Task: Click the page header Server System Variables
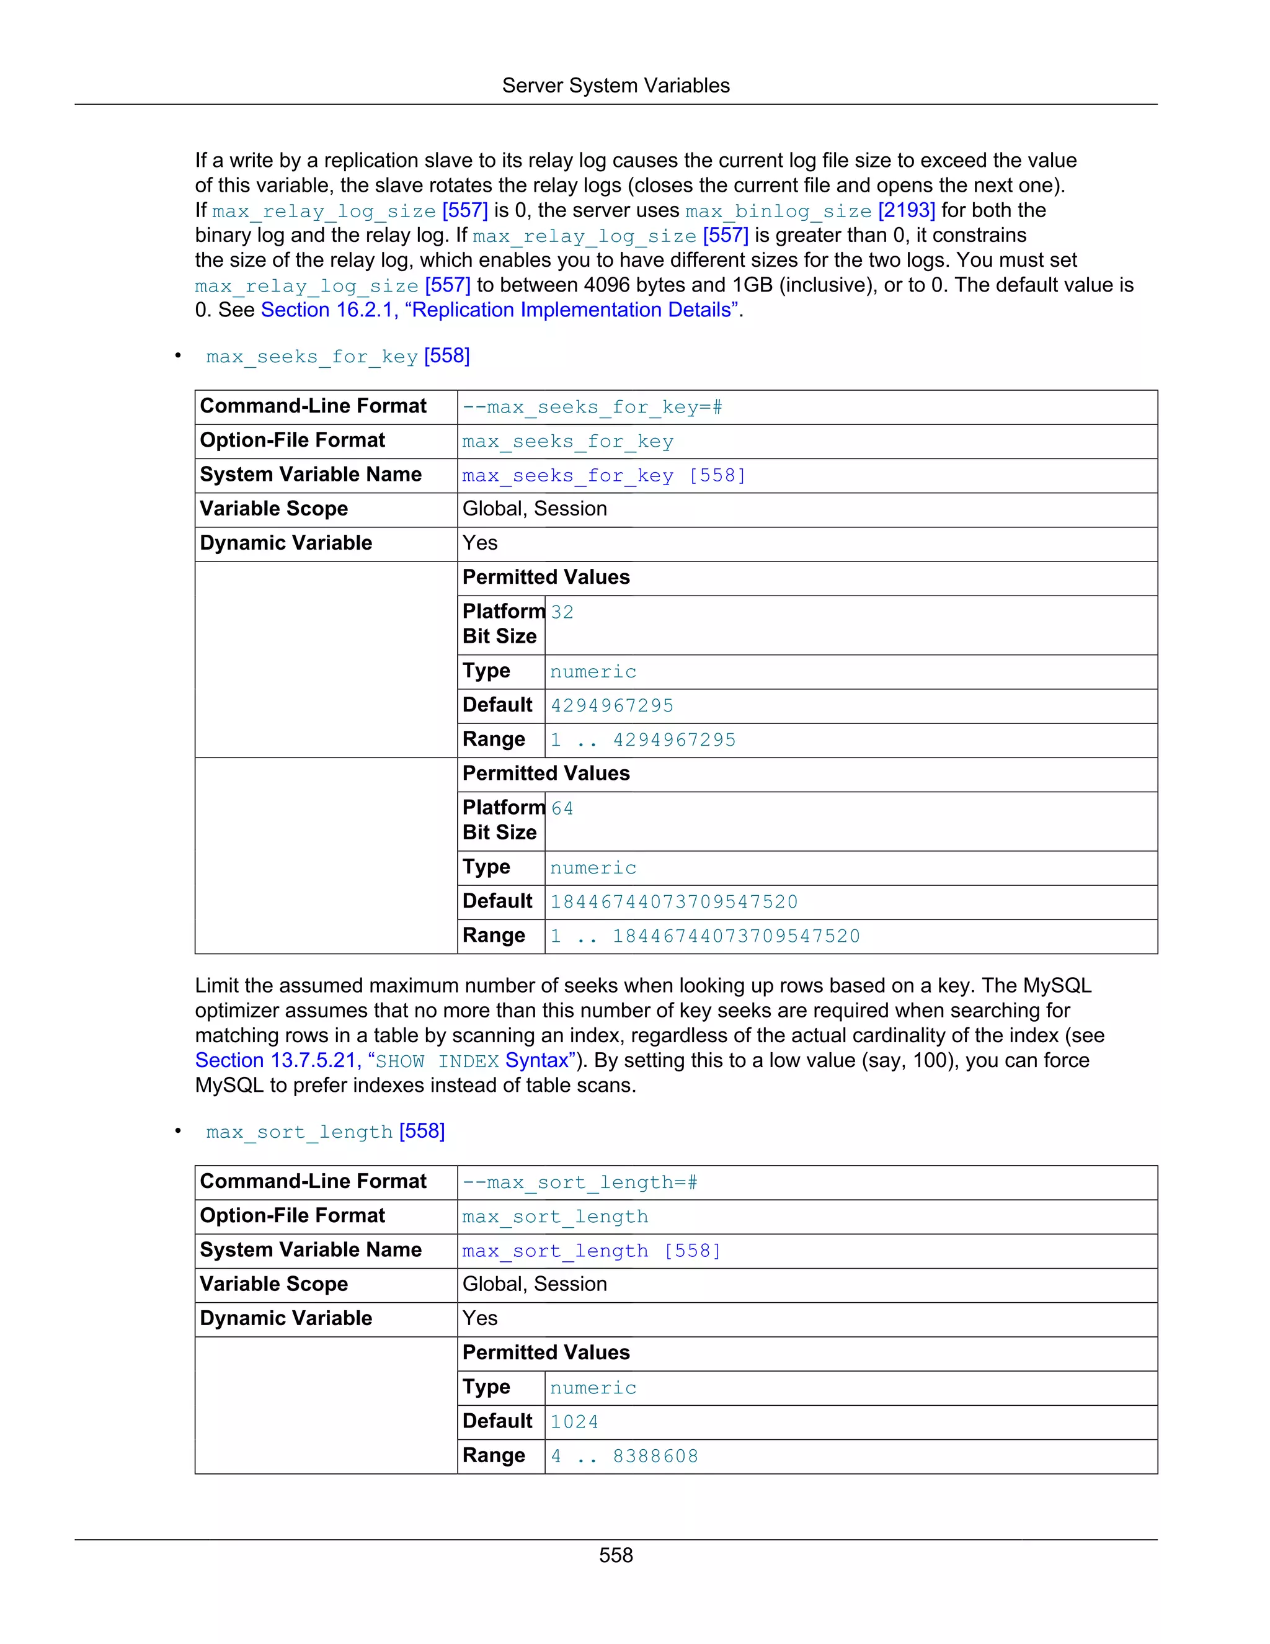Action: (615, 86)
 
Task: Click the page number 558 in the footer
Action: (615, 1555)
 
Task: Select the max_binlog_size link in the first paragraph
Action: (778, 211)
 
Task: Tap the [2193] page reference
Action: (907, 211)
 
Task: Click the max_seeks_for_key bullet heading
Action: (311, 356)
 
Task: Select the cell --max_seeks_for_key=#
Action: (592, 407)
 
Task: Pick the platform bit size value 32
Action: (562, 612)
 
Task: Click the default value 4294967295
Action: (611, 706)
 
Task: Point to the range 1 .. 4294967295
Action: (642, 740)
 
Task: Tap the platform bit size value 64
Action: (562, 808)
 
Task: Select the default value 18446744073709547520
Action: (673, 902)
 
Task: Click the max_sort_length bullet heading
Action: (299, 1132)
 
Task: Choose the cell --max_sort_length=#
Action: (579, 1182)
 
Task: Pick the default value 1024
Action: (574, 1422)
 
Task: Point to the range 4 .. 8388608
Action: (624, 1456)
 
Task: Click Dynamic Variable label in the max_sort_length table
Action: (286, 1319)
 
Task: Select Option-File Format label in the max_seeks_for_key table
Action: (292, 440)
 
